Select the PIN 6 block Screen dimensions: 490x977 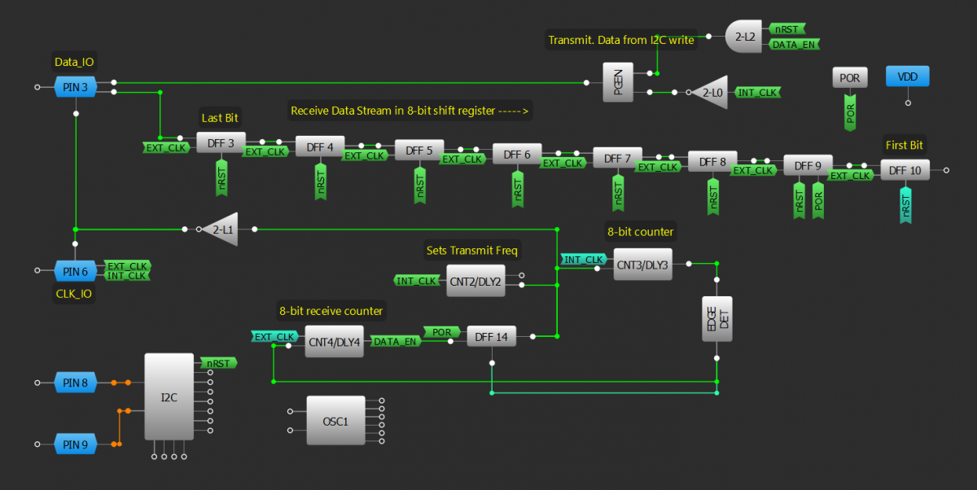coord(76,270)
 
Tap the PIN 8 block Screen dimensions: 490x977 coord(76,382)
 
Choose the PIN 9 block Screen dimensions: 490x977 coord(76,444)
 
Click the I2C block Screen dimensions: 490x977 coord(169,397)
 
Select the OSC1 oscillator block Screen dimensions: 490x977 coord(335,421)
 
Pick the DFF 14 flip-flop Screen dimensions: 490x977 coord(491,336)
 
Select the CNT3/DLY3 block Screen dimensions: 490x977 coord(642,264)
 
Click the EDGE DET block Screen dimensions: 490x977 coord(716,318)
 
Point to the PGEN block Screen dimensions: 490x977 coord(618,81)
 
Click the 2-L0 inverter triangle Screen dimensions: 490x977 coord(711,93)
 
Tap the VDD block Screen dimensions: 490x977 coord(907,77)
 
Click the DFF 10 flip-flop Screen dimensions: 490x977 coord(905,170)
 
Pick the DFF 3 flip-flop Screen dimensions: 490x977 coord(221,143)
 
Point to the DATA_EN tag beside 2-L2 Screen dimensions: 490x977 coord(793,44)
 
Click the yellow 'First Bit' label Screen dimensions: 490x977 coord(905,145)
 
